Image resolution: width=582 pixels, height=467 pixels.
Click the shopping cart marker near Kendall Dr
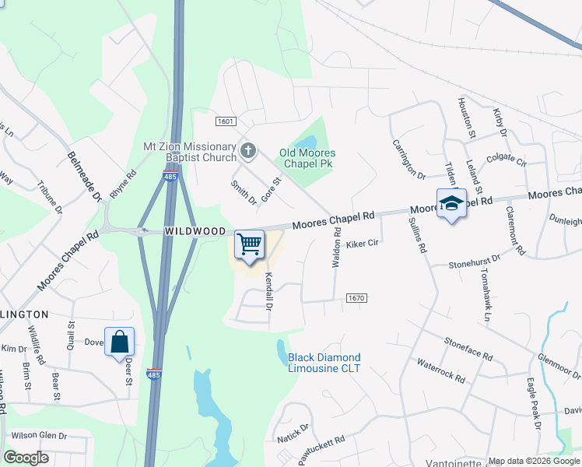[x=249, y=244]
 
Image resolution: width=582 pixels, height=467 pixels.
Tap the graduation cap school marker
[x=451, y=204]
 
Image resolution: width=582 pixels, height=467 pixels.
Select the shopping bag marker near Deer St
[x=119, y=342]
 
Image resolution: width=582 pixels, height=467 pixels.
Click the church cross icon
[x=248, y=149]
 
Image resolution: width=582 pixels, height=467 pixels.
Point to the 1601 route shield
[x=226, y=121]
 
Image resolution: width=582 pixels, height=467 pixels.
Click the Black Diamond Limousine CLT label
[x=324, y=363]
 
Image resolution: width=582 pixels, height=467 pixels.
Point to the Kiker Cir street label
[x=362, y=244]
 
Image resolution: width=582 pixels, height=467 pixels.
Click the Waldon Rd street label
[x=337, y=248]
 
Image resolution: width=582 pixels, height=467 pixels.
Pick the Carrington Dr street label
[x=409, y=160]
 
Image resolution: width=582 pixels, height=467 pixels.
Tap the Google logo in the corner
[x=26, y=458]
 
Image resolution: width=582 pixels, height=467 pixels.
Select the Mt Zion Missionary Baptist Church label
[x=189, y=152]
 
